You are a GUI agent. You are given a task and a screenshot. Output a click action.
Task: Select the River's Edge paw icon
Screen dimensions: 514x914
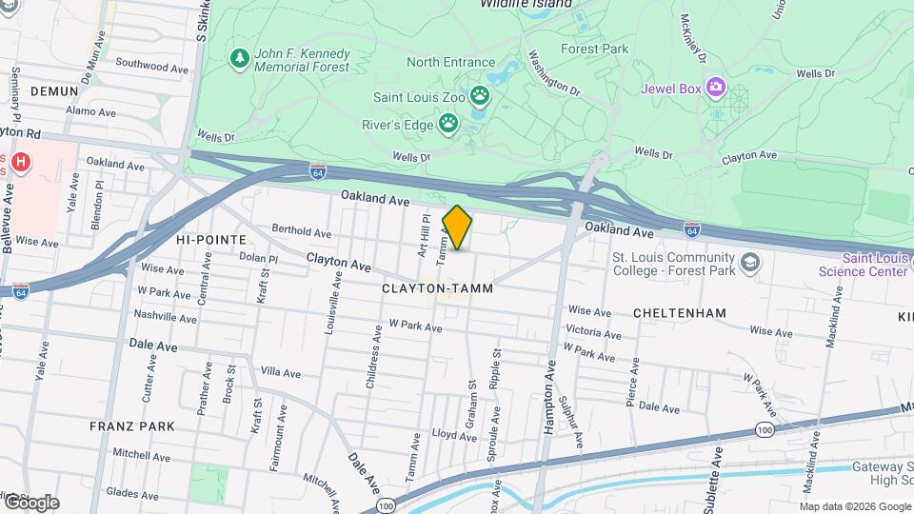click(447, 124)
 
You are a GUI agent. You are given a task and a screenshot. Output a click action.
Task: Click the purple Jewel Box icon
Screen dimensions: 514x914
click(715, 89)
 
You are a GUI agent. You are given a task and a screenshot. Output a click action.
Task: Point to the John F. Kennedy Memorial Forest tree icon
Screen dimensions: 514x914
click(240, 60)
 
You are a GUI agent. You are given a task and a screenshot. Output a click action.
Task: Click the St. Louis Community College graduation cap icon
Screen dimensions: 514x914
click(750, 263)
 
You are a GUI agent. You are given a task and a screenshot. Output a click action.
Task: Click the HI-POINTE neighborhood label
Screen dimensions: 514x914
click(210, 240)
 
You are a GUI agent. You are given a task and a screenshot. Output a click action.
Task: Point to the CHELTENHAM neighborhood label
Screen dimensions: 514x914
click(681, 313)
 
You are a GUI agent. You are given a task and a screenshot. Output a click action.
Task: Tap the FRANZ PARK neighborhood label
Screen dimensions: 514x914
click(132, 426)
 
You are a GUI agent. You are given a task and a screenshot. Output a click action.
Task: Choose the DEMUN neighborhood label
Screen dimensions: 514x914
click(53, 90)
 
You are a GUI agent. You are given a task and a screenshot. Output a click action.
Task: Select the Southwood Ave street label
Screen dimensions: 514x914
click(151, 68)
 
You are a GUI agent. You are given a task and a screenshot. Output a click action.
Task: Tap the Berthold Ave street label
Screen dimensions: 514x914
click(301, 231)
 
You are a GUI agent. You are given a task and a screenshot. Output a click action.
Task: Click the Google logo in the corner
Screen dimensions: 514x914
click(31, 502)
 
